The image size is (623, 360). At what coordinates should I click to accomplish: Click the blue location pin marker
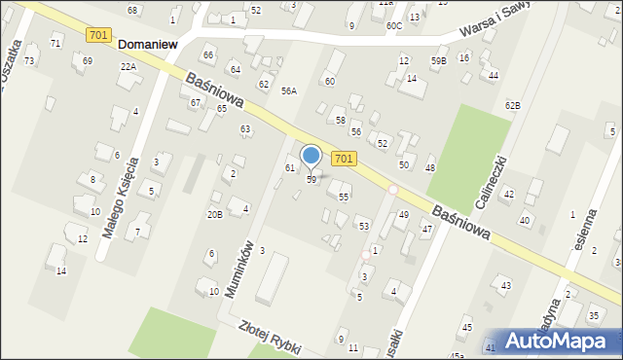tap(311, 157)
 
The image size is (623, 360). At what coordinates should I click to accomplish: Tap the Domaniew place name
tap(152, 44)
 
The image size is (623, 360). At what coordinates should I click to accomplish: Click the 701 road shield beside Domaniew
tap(97, 35)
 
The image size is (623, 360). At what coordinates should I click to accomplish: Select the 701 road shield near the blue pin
tap(343, 158)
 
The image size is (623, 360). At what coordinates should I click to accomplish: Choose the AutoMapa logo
tap(562, 340)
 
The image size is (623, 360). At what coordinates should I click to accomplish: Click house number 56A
tap(288, 90)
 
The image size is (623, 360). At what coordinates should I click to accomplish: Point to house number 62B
tap(512, 105)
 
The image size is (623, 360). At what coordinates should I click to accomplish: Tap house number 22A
tap(128, 66)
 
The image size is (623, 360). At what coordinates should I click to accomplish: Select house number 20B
tap(214, 214)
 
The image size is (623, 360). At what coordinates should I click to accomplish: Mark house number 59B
tap(439, 61)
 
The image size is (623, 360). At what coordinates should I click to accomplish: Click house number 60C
tap(393, 26)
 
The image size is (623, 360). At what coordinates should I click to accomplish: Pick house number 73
tap(29, 61)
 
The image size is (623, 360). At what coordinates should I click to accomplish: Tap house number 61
tap(289, 168)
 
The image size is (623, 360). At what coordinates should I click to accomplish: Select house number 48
tap(429, 168)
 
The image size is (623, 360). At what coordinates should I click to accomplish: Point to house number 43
tap(505, 285)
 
